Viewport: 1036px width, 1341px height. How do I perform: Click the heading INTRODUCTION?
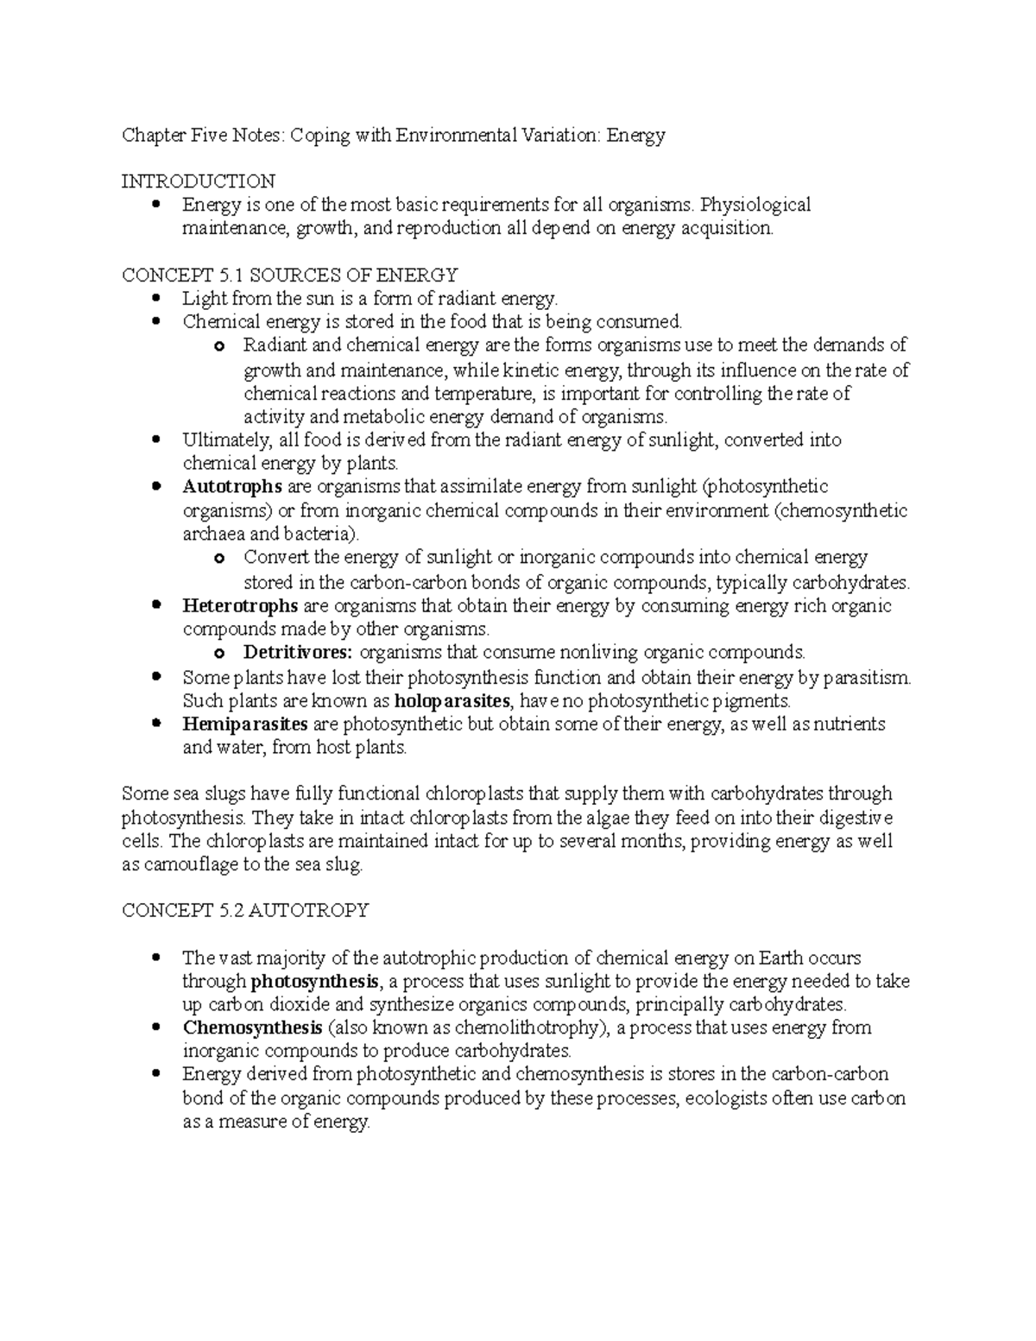199,181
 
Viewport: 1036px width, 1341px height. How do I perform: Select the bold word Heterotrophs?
240,605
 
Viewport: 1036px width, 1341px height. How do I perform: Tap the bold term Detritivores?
298,652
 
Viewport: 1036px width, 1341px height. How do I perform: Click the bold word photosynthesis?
314,982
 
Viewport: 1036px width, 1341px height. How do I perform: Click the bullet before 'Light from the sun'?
156,299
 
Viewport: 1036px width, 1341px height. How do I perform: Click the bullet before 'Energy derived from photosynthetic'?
156,1074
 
